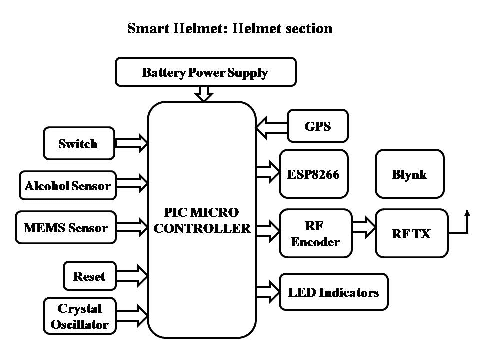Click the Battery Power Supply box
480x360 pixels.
point(205,72)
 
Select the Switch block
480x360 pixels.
point(79,144)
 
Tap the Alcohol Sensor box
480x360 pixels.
point(68,186)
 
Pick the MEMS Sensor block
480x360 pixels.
point(66,228)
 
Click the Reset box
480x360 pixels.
point(89,276)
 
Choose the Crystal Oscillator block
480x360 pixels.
point(80,316)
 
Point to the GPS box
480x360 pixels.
point(318,126)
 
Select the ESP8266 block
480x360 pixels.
point(313,174)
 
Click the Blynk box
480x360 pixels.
point(409,174)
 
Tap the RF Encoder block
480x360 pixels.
point(315,234)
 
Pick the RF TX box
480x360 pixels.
point(411,234)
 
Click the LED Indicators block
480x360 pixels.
point(333,292)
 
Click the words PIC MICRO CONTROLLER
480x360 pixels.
point(202,220)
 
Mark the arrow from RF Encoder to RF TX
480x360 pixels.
point(364,226)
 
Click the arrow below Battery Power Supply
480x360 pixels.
point(203,93)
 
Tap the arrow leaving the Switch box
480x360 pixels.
point(131,144)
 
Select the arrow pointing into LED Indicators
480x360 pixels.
point(267,290)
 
